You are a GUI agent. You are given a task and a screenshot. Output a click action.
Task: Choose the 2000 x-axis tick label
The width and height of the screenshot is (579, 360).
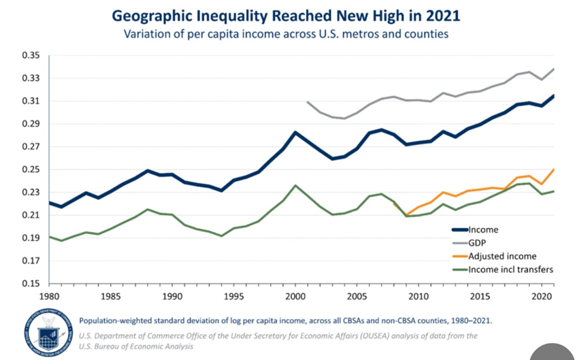[x=295, y=298]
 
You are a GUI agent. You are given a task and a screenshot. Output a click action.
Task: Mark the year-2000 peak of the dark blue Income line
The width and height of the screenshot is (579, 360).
[x=295, y=132]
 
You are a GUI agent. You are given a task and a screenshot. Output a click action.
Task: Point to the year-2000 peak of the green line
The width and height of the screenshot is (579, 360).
[x=295, y=185]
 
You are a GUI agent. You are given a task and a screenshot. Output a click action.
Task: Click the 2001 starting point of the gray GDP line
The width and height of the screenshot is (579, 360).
[x=308, y=102]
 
